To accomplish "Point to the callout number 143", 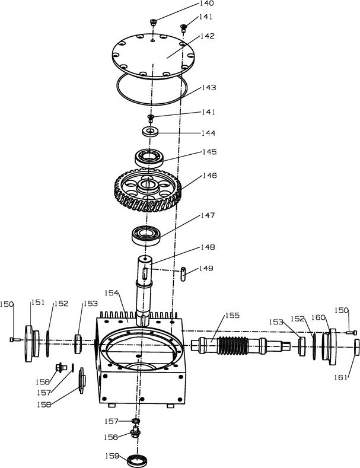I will click(208, 88).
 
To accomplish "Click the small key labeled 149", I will click(184, 273).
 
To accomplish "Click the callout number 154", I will click(112, 293).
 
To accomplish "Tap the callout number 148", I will click(208, 247).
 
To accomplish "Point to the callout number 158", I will click(59, 405).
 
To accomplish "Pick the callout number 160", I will click(320, 317).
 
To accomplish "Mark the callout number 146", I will click(209, 176).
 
